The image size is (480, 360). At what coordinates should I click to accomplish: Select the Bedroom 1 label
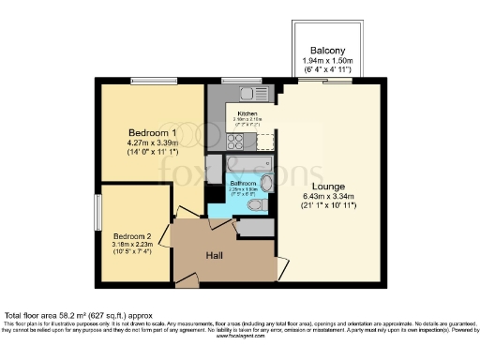click(x=153, y=134)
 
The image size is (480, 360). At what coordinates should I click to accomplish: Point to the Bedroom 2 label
click(x=131, y=235)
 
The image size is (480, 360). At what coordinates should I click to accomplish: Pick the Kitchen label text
click(x=247, y=113)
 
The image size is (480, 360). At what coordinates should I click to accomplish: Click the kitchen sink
click(x=247, y=93)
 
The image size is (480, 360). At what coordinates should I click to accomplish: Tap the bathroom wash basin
click(x=266, y=183)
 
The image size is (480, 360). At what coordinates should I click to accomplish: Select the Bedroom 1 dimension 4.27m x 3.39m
click(x=153, y=143)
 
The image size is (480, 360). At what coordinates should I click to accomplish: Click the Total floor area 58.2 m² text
click(x=74, y=316)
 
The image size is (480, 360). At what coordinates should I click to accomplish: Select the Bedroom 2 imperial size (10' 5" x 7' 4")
click(x=131, y=250)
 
